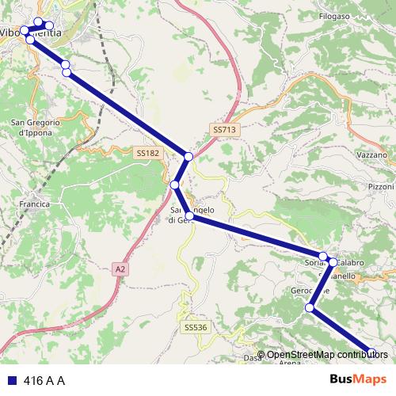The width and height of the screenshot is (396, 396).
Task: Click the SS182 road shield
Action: (x=147, y=152)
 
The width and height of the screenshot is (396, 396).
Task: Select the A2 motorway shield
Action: (x=120, y=269)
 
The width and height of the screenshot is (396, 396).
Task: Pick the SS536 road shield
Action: (x=195, y=326)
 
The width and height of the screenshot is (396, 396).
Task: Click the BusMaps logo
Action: (x=357, y=379)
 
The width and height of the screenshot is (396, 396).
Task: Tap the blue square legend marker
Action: (x=10, y=380)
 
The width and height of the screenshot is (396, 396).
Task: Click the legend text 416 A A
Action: (x=44, y=380)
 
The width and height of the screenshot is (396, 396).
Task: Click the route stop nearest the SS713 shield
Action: (x=188, y=157)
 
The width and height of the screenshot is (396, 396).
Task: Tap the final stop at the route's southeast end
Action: (x=371, y=353)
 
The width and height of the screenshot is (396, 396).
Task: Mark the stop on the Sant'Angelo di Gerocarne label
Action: (x=189, y=215)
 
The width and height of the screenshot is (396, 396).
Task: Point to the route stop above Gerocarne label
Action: (x=310, y=308)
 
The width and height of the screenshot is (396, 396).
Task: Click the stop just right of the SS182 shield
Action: (x=174, y=185)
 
